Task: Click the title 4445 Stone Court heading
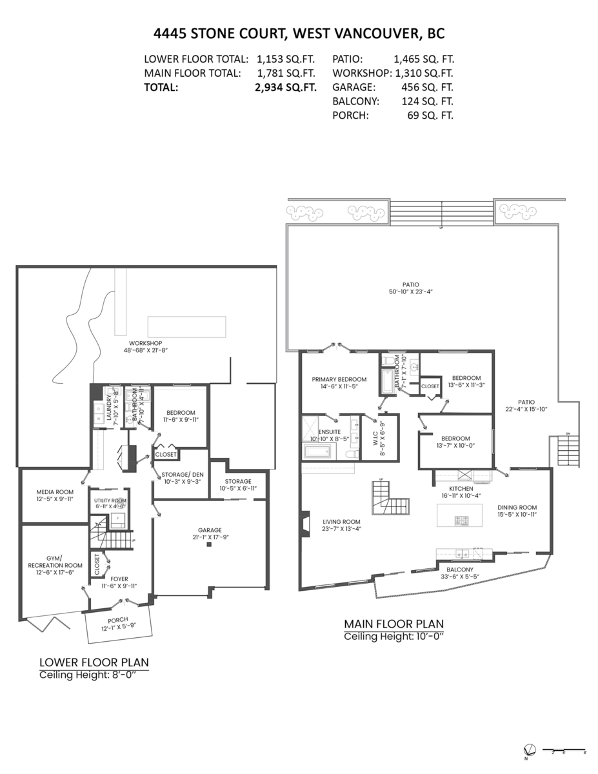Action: tap(299, 33)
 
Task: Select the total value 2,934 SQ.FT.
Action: tap(285, 88)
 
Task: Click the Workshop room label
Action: tap(145, 343)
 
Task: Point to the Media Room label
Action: tap(55, 492)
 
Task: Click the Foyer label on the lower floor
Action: tap(119, 579)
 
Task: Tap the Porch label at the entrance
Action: tap(118, 620)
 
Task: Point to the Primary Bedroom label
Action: tap(339, 379)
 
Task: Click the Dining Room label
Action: tap(517, 507)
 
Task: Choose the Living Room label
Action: tap(341, 522)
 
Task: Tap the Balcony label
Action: tap(460, 570)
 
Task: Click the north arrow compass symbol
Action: tap(529, 750)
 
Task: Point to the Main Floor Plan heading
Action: tap(394, 624)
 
